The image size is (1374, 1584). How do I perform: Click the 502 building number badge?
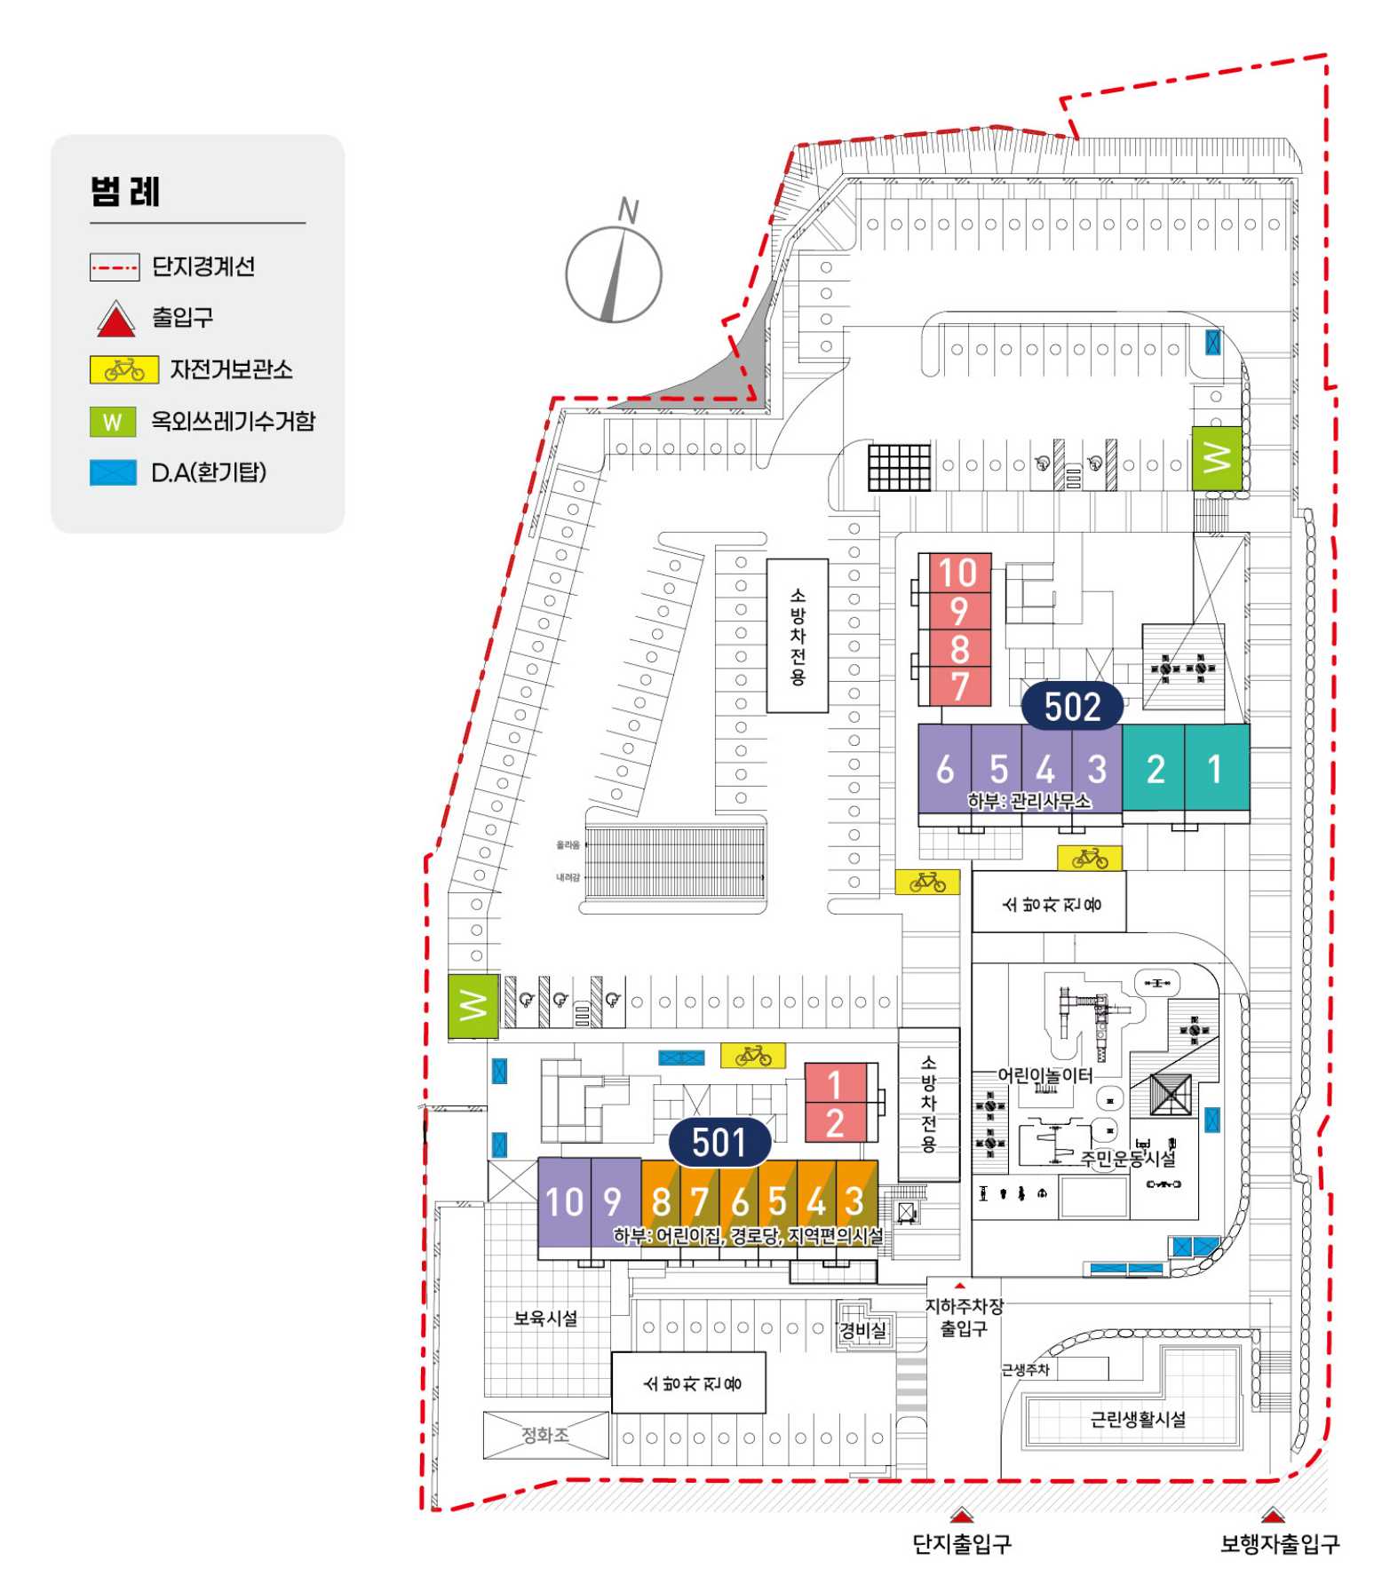[x=1072, y=707]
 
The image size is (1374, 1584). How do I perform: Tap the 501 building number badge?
[x=719, y=1142]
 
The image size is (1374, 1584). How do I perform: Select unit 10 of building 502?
[x=958, y=573]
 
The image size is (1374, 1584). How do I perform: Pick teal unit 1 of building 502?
[x=1215, y=768]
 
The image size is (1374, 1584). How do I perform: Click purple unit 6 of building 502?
[x=945, y=769]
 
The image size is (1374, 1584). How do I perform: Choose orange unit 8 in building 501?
[x=661, y=1201]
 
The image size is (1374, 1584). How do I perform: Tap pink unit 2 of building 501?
[x=835, y=1123]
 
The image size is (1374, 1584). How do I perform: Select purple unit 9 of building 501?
[x=613, y=1201]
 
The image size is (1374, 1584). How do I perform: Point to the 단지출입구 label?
[x=962, y=1544]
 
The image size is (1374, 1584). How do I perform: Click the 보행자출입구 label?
[x=1279, y=1544]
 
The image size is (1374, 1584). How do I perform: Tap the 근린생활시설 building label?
[x=1138, y=1419]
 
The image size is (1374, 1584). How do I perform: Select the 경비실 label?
[x=863, y=1330]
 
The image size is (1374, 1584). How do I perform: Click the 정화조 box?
[x=545, y=1435]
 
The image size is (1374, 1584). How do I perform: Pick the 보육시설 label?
[x=545, y=1318]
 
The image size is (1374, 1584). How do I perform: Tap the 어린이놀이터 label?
[x=1045, y=1075]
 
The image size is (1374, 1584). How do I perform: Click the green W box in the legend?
[x=113, y=422]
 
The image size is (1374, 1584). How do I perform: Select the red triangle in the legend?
[x=115, y=320]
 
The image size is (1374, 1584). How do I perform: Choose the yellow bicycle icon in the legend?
[x=124, y=370]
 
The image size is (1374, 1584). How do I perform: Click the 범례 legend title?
[x=125, y=192]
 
